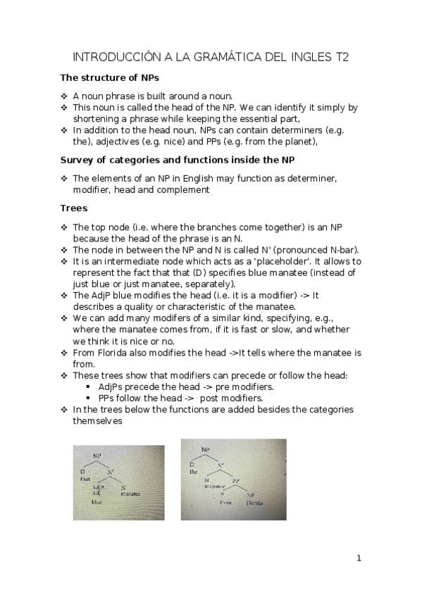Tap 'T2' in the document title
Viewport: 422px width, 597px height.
342,57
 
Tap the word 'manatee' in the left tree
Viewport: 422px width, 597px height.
130,494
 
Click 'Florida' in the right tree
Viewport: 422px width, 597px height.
254,503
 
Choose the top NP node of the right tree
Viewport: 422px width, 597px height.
205,449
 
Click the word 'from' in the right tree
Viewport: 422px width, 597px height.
226,503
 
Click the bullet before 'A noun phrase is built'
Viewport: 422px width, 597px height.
64,96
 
